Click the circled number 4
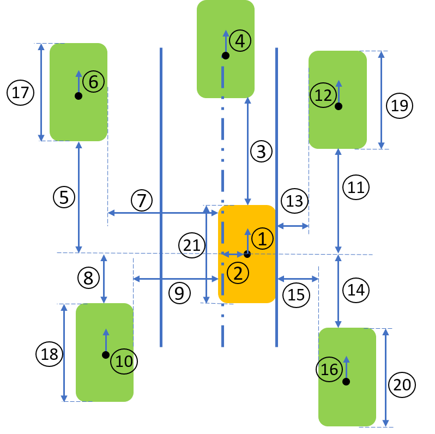tap(240, 41)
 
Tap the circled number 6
tap(93, 82)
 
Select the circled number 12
tap(323, 95)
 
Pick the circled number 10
tap(124, 361)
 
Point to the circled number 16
tap(329, 370)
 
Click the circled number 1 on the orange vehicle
tap(262, 239)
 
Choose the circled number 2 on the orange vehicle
tap(238, 273)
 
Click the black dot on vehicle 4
tap(226, 56)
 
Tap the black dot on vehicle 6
tap(78, 96)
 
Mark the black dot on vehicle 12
tap(339, 106)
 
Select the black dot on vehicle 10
tap(106, 355)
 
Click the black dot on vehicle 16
tap(346, 382)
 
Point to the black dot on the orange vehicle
tap(247, 254)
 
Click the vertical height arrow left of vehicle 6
tap(41, 92)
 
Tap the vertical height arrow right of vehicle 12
tap(381, 100)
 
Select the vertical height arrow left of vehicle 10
tap(64, 353)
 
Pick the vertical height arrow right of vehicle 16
tap(385, 377)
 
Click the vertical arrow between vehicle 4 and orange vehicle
tap(247, 151)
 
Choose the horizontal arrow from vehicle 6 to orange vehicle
tap(162, 213)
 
